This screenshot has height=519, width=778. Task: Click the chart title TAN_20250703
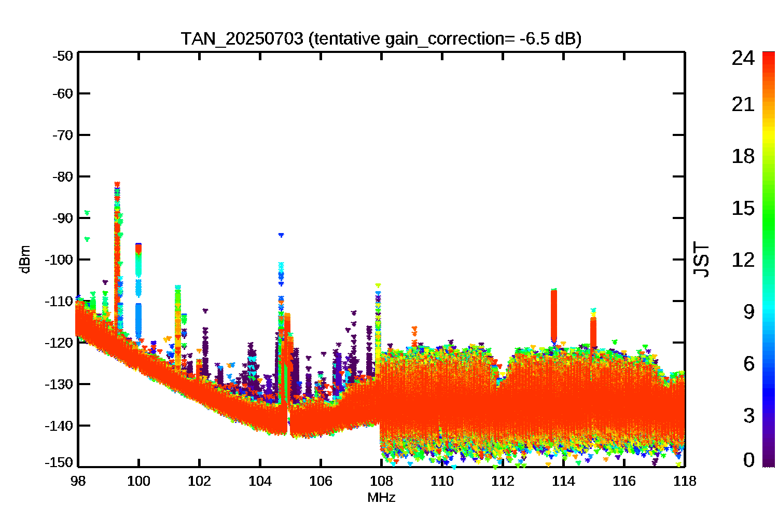pos(242,38)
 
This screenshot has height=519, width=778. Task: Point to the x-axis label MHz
pos(381,497)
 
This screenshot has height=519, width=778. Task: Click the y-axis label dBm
pos(25,259)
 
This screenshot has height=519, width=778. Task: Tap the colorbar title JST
pos(701,259)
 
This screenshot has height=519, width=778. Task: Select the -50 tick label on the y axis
pos(63,56)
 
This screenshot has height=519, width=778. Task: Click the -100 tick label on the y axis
pos(60,259)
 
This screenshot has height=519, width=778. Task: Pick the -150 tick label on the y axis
pos(60,462)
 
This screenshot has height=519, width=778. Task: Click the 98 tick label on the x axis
pos(78,481)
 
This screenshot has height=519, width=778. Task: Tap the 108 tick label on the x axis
pos(381,481)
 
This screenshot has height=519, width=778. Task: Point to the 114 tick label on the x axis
pos(563,481)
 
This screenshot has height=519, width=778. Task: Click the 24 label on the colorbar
pos(743,58)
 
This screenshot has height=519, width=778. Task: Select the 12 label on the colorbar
pos(743,259)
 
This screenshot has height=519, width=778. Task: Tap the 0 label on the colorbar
pos(749,459)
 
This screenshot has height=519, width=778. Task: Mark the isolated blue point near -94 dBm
pos(281,235)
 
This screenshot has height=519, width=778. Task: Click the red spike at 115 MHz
pos(593,333)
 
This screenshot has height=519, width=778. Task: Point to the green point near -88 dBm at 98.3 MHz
pos(87,213)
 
